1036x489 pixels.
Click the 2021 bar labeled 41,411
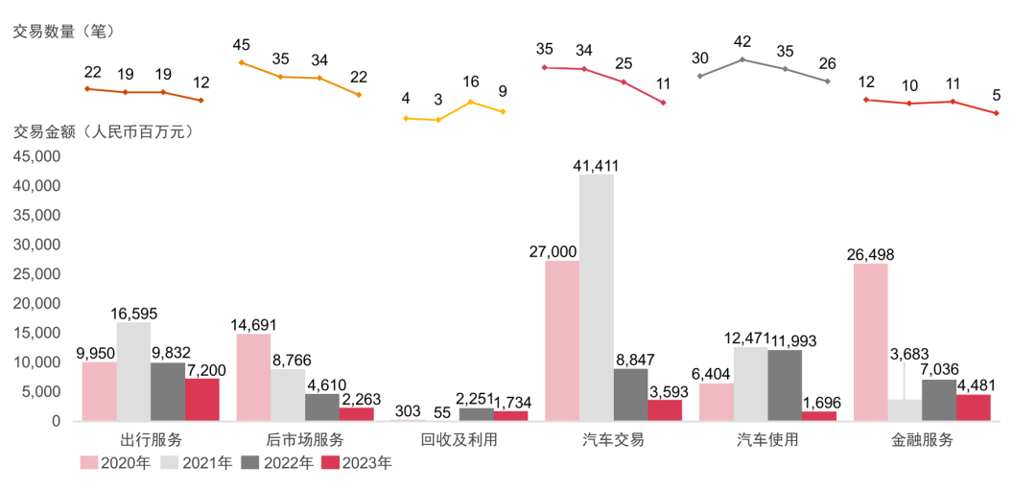coord(596,297)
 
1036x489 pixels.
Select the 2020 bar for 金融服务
coord(870,342)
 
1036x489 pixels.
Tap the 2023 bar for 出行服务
coord(202,399)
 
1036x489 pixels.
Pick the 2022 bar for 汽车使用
coord(785,384)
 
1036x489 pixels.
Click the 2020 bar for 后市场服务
coord(253,377)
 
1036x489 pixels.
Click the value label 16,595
coord(132,314)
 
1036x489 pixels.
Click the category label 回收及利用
coord(459,440)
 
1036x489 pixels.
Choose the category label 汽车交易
coord(613,440)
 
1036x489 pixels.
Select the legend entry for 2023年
coord(356,463)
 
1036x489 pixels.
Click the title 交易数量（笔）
coord(63,32)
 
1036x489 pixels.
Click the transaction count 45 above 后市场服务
coord(242,45)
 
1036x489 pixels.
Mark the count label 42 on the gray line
coord(742,42)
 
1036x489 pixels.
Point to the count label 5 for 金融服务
coord(997,95)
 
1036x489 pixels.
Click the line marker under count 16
coord(470,102)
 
